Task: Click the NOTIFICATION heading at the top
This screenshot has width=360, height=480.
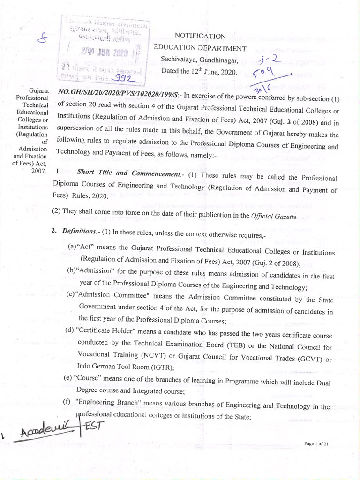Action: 200,36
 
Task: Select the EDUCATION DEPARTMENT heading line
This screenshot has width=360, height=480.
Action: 200,48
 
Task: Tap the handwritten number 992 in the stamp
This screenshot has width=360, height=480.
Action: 121,79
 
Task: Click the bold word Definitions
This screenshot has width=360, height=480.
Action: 78,232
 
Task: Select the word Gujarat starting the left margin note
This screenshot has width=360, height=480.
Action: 37,90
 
